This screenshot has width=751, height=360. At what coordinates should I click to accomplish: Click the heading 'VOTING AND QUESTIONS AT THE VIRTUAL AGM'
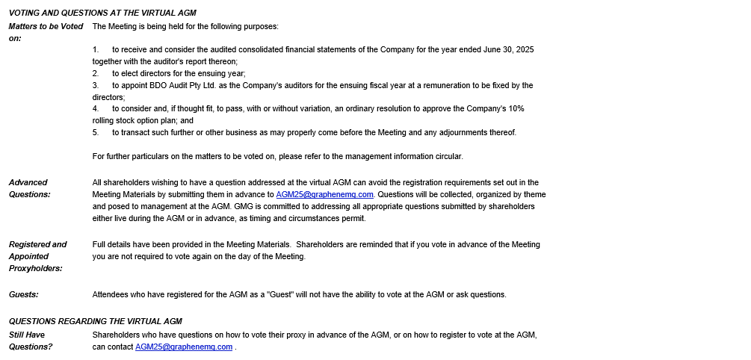pos(102,13)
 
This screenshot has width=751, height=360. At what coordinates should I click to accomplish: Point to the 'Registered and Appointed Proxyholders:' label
pos(37,256)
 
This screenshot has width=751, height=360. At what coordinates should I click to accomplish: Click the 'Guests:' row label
pos(24,294)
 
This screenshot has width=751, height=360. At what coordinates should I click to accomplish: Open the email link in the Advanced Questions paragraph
pos(324,194)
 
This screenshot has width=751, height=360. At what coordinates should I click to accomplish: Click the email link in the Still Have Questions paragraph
pos(184,347)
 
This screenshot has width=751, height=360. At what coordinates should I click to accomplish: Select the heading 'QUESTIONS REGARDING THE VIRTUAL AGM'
pos(96,321)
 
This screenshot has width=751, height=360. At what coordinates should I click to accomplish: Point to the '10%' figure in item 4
pos(516,108)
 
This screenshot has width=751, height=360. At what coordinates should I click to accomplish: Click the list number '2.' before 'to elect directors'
pos(96,73)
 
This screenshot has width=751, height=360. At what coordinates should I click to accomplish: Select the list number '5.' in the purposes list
pos(96,132)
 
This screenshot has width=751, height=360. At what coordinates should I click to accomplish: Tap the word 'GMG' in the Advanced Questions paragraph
pos(244,206)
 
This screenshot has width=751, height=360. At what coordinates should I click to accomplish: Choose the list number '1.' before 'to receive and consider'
pos(96,49)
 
